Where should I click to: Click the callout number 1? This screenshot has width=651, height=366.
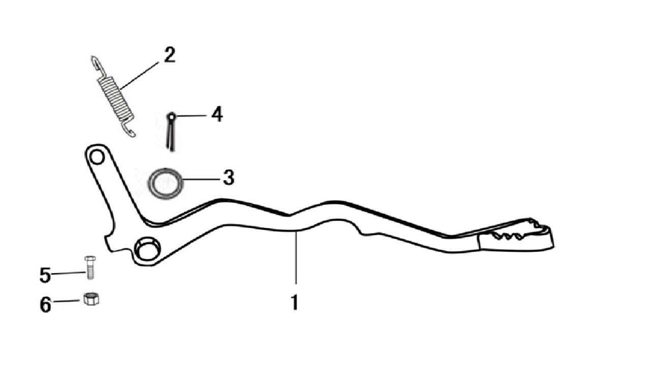[294, 302]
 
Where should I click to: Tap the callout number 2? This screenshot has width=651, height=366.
[170, 54]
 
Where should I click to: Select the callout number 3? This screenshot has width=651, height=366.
[228, 177]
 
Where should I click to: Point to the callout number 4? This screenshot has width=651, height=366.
[217, 114]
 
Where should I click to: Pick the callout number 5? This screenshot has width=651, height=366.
[45, 275]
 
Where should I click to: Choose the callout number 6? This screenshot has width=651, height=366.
[45, 304]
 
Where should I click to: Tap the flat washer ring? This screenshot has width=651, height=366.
[165, 184]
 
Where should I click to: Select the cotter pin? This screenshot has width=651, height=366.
[171, 132]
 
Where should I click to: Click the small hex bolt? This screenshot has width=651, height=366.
[90, 267]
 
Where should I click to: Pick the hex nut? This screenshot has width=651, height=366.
[91, 298]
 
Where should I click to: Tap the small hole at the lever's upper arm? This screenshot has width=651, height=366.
[97, 157]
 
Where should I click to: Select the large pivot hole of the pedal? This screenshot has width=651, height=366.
[147, 249]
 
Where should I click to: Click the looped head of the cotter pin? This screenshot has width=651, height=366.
[172, 116]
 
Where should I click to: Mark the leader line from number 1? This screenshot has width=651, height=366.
[296, 257]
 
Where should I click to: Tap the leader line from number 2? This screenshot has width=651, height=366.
[140, 76]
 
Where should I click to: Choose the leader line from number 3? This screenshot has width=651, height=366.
[201, 179]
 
